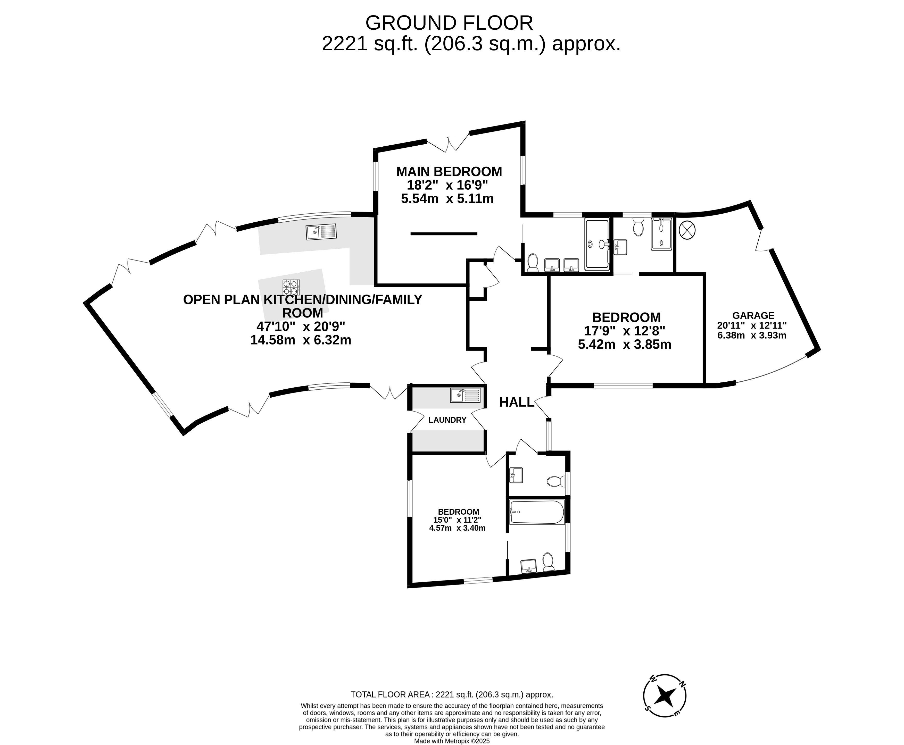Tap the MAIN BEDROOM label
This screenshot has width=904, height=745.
point(449,172)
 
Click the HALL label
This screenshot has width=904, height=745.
point(517,402)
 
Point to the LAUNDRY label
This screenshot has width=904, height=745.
point(447,420)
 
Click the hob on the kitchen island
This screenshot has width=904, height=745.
point(291,287)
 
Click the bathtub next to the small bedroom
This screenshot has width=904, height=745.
point(537,512)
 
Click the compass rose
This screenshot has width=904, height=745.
point(665,696)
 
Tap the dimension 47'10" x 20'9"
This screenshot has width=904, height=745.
point(301,327)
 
